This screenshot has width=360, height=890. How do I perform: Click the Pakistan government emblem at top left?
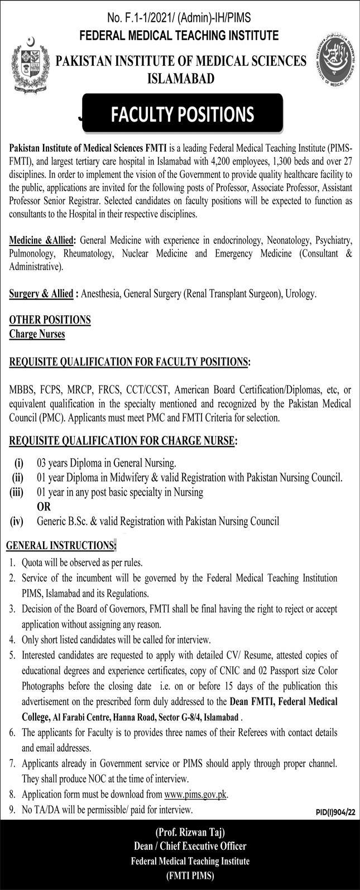tap(27, 65)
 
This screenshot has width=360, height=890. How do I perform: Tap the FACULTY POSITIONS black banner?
tap(182, 114)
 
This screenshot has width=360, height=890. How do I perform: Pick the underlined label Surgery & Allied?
tap(41, 293)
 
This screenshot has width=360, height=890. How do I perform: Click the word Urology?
tap(302, 293)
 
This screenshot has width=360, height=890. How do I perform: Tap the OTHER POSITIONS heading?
tap(50, 320)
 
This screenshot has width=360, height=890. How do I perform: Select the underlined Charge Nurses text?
tap(37, 334)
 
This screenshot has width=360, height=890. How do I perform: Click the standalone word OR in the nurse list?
tap(44, 507)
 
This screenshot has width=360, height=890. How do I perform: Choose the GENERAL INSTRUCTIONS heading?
tap(60, 545)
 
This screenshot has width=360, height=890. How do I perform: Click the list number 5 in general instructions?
tap(12, 655)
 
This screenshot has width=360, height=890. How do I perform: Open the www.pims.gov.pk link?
tap(195, 795)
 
